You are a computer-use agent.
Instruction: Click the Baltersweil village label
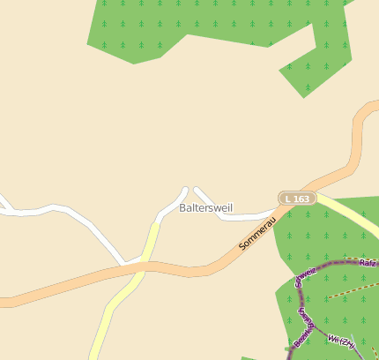pyautogui.click(x=204, y=208)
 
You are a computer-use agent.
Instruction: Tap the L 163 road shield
pyautogui.click(x=297, y=199)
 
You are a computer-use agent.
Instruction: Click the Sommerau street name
pyautogui.click(x=257, y=232)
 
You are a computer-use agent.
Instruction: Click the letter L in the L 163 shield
pyautogui.click(x=289, y=199)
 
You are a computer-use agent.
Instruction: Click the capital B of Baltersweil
pyautogui.click(x=182, y=208)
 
